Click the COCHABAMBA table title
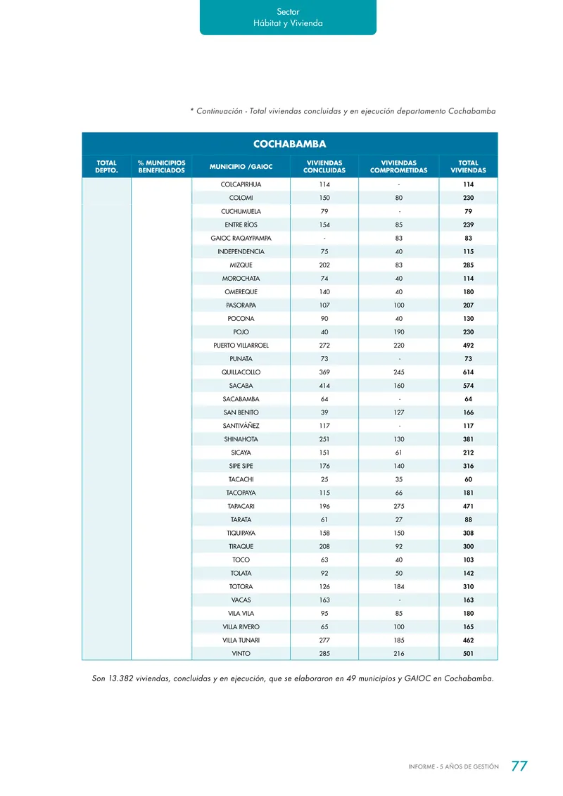(289, 144)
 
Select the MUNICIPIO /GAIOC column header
(241, 166)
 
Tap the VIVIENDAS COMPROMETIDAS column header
(398, 166)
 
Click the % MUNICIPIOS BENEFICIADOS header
(161, 166)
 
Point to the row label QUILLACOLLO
(241, 372)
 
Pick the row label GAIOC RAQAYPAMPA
(241, 238)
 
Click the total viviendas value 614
(468, 372)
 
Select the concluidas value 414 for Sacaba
(324, 386)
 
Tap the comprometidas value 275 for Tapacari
(398, 506)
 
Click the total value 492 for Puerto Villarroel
(468, 346)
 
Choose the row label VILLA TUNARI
(241, 640)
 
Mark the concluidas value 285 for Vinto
(324, 654)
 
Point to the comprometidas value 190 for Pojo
(398, 332)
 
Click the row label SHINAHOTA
(241, 439)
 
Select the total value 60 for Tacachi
(468, 479)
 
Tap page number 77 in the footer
(519, 766)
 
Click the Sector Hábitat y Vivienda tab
(288, 18)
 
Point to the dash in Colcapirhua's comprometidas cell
(399, 184)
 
